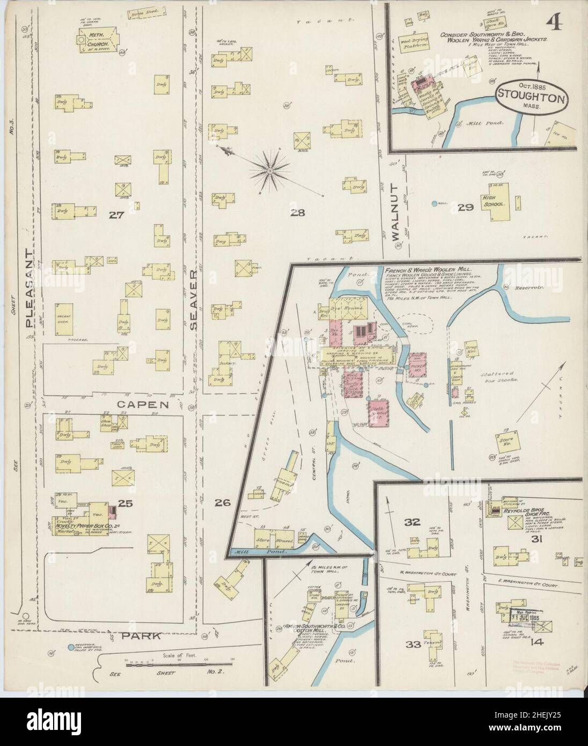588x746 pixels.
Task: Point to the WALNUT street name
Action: click(x=395, y=211)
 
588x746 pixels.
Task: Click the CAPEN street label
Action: click(x=141, y=404)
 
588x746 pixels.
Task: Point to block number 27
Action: click(x=116, y=215)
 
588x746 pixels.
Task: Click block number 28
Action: click(x=297, y=213)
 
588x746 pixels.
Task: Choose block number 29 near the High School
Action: click(x=465, y=207)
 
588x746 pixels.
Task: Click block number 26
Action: click(x=223, y=503)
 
